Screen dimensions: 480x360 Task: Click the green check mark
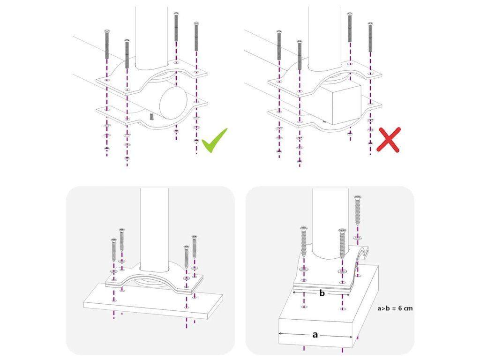[x=214, y=141]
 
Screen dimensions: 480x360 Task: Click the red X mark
[x=389, y=140]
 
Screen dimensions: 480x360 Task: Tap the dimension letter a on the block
[x=315, y=335]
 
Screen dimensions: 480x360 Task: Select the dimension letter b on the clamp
[x=322, y=293]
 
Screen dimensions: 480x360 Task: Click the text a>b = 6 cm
[x=395, y=308]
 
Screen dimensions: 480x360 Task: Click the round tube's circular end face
[x=173, y=103]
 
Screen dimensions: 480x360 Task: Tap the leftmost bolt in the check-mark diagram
[x=107, y=45]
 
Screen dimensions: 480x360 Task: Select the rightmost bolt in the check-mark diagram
[x=196, y=37]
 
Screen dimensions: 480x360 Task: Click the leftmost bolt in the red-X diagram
[x=279, y=45]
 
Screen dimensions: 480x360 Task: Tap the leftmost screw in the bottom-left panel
[x=113, y=251]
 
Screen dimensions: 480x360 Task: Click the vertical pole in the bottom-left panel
[x=154, y=230]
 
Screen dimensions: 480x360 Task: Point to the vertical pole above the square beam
[x=325, y=37]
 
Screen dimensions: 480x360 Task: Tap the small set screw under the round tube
[x=151, y=116]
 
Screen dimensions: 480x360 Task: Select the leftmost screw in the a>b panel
[x=304, y=242]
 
